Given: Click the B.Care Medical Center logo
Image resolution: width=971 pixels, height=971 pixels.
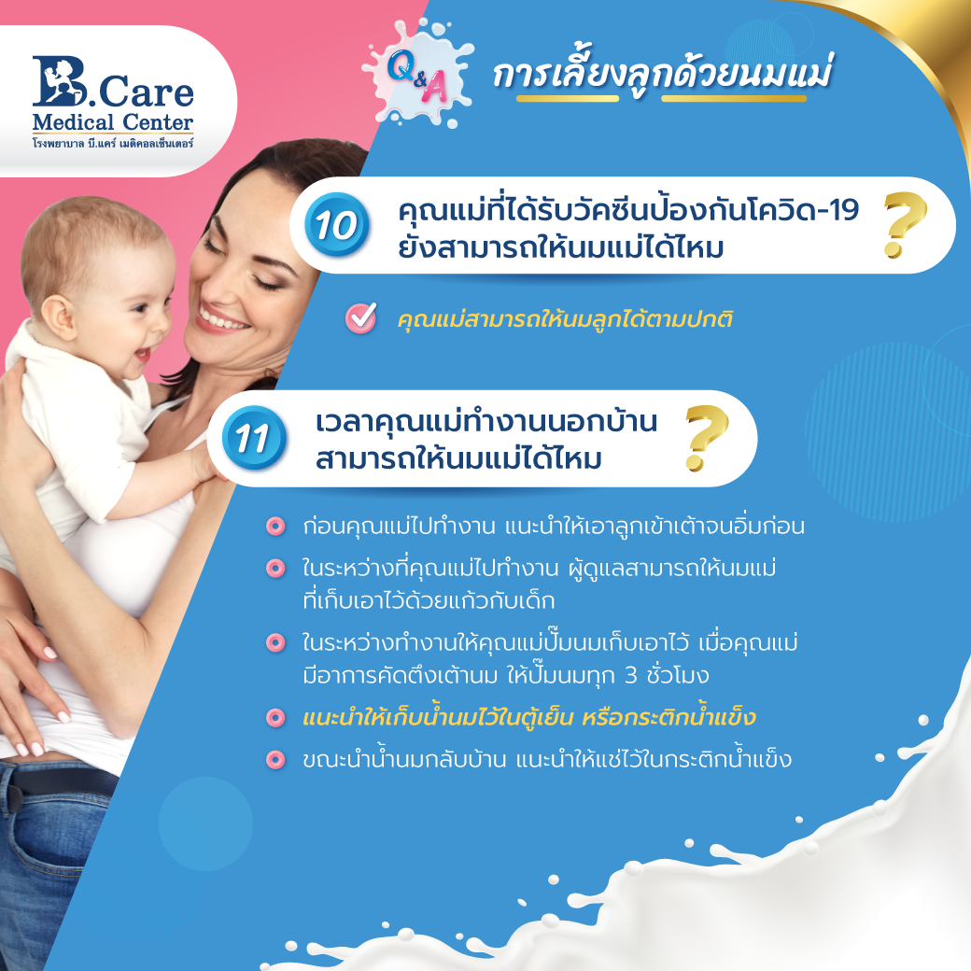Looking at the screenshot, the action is [113, 102].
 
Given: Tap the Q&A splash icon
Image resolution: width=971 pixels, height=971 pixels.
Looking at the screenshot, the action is [417, 73].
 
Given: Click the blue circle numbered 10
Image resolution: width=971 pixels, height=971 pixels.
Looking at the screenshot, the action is [336, 224].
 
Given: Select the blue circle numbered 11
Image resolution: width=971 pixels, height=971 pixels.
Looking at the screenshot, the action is [254, 437].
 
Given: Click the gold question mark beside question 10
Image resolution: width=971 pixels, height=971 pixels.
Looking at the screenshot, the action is [904, 224].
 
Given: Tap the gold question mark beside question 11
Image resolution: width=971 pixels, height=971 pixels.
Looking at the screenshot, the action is [706, 438].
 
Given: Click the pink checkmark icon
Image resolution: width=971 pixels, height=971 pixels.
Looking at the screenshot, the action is [361, 318].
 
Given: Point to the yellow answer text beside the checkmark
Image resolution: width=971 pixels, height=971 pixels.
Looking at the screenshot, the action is [565, 319].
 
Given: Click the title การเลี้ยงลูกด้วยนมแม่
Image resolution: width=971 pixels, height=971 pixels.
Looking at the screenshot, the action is [663, 75].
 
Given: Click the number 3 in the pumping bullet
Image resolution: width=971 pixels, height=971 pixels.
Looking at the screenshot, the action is [630, 675].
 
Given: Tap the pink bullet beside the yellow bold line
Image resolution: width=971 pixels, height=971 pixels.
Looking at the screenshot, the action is [274, 718].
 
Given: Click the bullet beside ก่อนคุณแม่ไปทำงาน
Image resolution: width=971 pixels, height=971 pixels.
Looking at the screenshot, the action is [274, 527].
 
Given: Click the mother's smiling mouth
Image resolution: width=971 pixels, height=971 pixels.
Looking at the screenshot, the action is [221, 319].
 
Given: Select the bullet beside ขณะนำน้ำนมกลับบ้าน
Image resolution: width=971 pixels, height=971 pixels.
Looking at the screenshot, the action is [274, 759].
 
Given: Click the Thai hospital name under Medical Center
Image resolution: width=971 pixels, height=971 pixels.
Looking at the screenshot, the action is [113, 143].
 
